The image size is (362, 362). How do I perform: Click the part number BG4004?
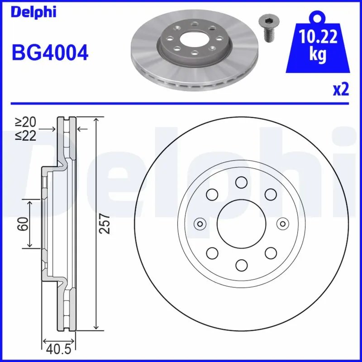[50, 54]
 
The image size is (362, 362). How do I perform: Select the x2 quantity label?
[341, 90]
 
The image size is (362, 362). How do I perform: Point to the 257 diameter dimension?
[105, 223]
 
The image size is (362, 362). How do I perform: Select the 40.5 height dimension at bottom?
[58, 349]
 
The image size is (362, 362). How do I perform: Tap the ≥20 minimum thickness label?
[25, 122]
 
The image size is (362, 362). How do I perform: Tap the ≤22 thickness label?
[25, 135]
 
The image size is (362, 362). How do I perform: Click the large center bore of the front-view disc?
[241, 223]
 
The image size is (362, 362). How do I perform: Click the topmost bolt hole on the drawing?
[241, 182]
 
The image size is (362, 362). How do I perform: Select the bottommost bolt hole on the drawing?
[241, 264]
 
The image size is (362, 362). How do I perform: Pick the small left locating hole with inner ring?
[200, 223]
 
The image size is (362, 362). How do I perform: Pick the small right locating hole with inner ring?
[282, 223]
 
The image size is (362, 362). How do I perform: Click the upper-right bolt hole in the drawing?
[270, 195]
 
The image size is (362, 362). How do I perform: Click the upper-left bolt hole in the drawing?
[211, 195]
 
